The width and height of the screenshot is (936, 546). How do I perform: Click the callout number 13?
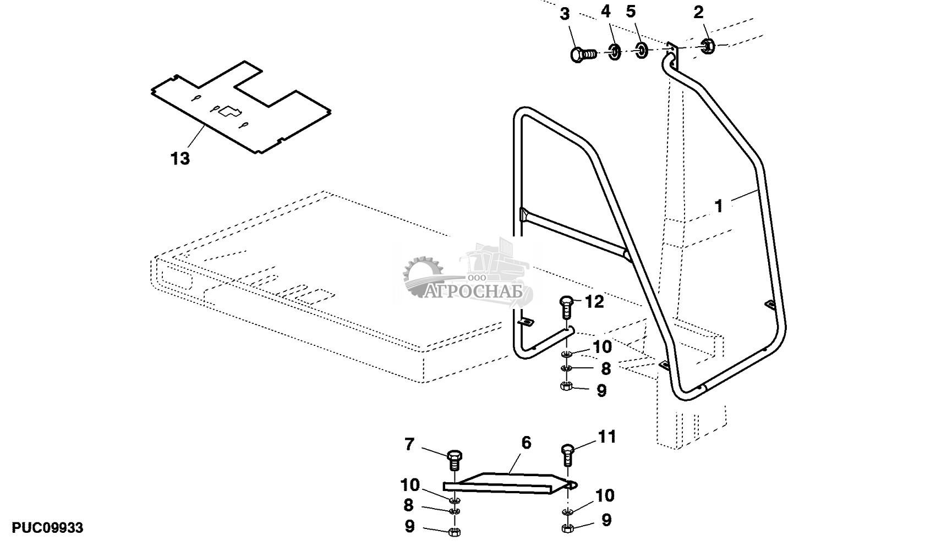[180, 159]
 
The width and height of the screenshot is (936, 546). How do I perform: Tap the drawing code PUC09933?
[48, 528]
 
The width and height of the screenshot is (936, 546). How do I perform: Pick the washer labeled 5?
[642, 51]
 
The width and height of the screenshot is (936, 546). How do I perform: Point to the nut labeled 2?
[708, 46]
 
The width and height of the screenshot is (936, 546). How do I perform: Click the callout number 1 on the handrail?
[718, 206]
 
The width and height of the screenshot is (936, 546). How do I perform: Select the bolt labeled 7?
[454, 461]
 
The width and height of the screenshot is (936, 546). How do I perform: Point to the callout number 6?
[526, 443]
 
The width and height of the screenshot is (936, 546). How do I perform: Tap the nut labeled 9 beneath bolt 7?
[454, 532]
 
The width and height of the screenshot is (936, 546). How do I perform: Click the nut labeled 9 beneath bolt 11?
[567, 528]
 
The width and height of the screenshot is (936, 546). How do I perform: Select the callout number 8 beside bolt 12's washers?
[605, 368]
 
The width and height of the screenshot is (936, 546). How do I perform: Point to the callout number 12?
[594, 301]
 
